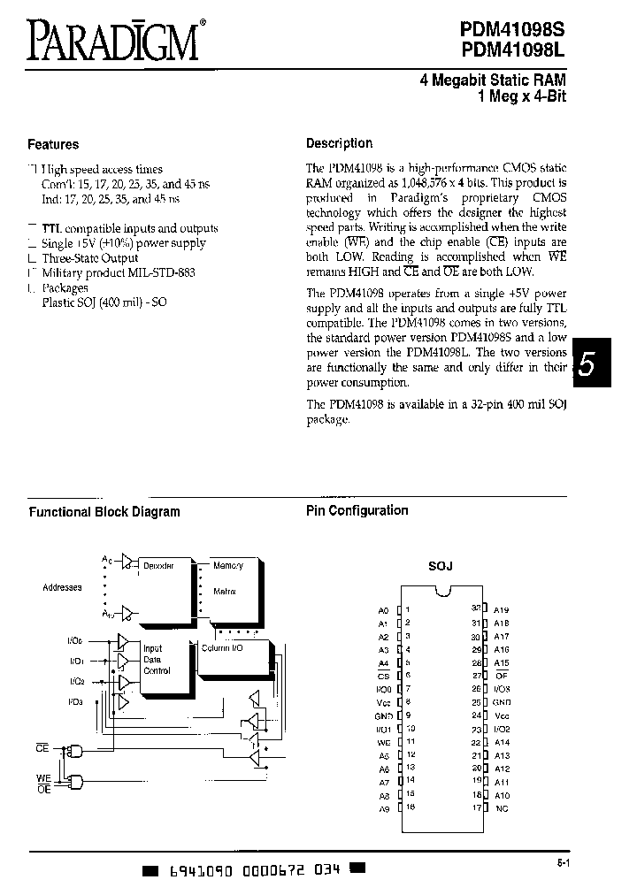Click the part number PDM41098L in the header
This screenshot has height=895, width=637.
click(512, 51)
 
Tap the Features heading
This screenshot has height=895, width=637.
click(53, 144)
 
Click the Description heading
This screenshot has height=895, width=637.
click(339, 143)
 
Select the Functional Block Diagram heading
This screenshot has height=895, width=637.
click(104, 511)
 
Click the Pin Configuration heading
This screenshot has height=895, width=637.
click(357, 510)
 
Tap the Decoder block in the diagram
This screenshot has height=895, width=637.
click(159, 565)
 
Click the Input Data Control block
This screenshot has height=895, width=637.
click(157, 660)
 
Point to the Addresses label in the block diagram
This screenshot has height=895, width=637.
click(62, 587)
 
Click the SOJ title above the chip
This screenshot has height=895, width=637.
click(440, 566)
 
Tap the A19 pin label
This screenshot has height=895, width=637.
click(502, 610)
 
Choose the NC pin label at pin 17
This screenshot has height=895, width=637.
click(501, 807)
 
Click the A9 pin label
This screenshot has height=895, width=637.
click(383, 808)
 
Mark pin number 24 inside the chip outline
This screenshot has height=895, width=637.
click(477, 715)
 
